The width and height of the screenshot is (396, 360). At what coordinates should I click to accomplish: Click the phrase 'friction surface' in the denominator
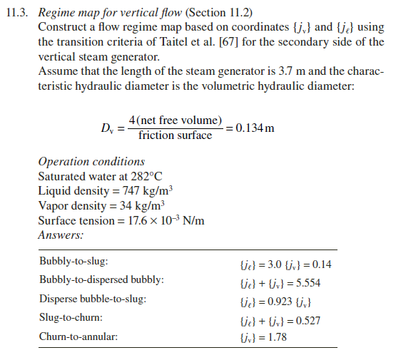(176, 135)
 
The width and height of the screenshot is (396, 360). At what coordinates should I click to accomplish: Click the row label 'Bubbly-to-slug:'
(74, 263)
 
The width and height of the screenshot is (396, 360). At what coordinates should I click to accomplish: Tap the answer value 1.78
(278, 337)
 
